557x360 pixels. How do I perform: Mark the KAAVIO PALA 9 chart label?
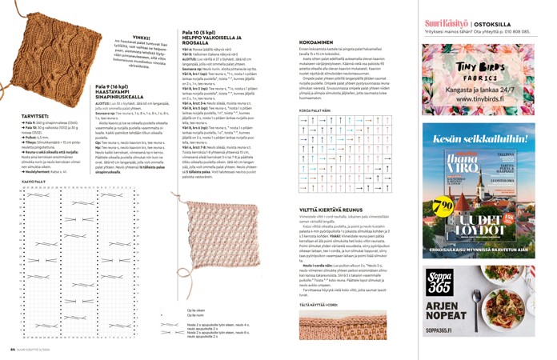coord(35,182)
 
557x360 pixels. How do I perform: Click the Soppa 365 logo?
coord(439,282)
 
